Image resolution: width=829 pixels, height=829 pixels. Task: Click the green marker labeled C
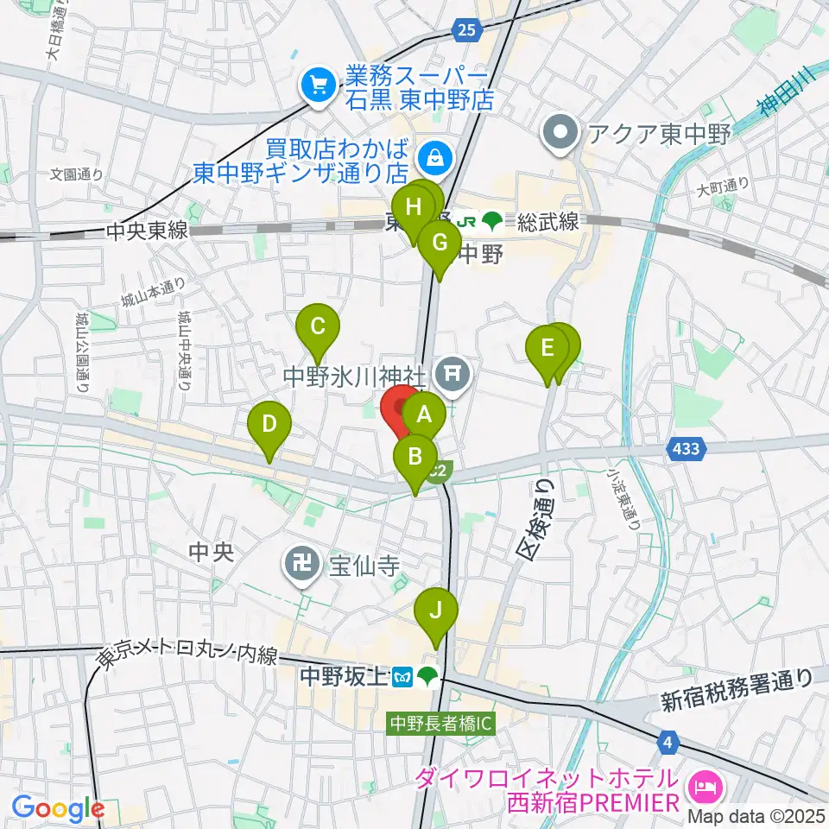click(317, 326)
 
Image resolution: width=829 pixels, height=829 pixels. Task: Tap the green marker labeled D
click(269, 423)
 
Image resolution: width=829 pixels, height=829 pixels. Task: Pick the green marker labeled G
click(440, 242)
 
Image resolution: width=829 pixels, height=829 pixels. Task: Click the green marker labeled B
click(415, 455)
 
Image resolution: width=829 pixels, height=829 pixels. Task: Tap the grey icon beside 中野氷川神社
click(452, 374)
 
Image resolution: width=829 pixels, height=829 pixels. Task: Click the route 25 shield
click(466, 31)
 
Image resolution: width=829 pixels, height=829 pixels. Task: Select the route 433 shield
click(687, 448)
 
